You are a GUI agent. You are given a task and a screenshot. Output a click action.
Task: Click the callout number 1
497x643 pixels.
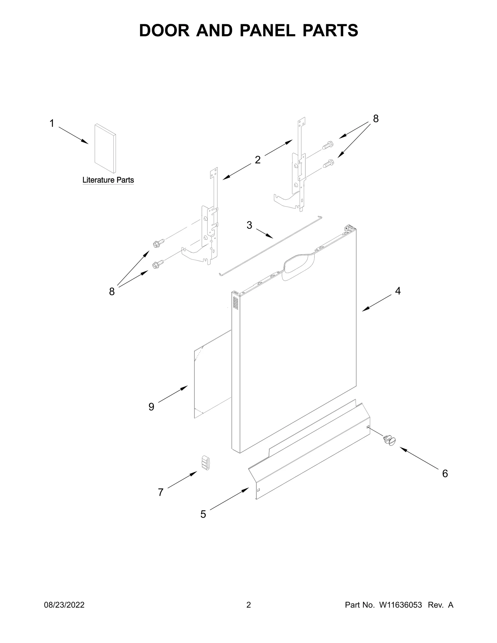click(52, 123)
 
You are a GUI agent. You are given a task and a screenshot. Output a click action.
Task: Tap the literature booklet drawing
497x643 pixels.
click(105, 148)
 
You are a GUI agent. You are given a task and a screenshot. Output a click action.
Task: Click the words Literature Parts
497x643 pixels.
click(108, 180)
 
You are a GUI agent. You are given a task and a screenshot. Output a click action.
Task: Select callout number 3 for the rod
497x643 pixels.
click(249, 225)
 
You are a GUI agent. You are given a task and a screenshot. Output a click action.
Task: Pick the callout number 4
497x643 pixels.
click(398, 291)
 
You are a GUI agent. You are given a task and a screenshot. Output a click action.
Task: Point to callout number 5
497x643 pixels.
click(203, 514)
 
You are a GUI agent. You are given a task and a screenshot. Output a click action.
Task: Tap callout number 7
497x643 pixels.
click(161, 492)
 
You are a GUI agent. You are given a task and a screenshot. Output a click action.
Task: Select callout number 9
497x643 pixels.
click(151, 406)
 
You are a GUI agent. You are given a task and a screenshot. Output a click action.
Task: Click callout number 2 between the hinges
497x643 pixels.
click(258, 160)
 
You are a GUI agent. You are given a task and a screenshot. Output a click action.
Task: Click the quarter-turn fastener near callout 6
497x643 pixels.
click(390, 440)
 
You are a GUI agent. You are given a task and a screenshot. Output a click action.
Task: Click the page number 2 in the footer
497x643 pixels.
click(248, 614)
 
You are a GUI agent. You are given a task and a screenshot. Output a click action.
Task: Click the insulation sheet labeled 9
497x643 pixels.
click(212, 374)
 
